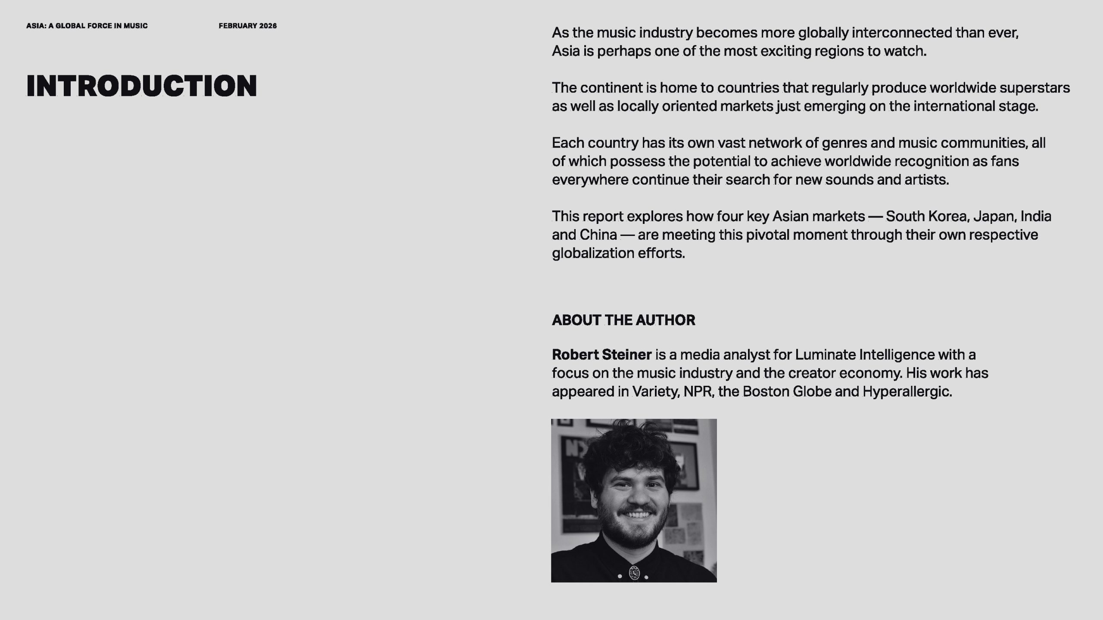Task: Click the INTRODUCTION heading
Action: (x=141, y=86)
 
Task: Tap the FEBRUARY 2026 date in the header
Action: (x=247, y=26)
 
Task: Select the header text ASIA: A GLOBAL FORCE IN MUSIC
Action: (x=87, y=26)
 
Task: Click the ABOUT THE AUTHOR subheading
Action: (x=623, y=320)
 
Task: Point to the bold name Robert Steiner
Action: (x=601, y=354)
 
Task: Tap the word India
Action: (x=1035, y=216)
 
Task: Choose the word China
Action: (x=598, y=235)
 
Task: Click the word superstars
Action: (x=1034, y=88)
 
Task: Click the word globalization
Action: (x=593, y=253)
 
